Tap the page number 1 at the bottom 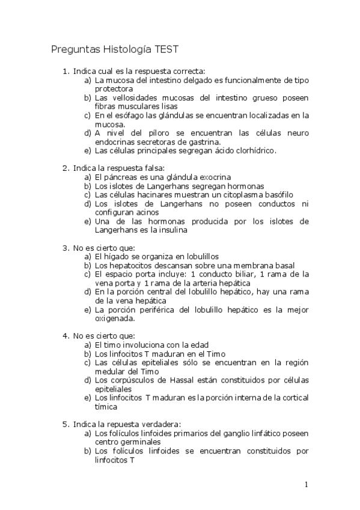(x=306, y=485)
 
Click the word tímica (x=106, y=407)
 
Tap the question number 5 (x=66, y=424)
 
